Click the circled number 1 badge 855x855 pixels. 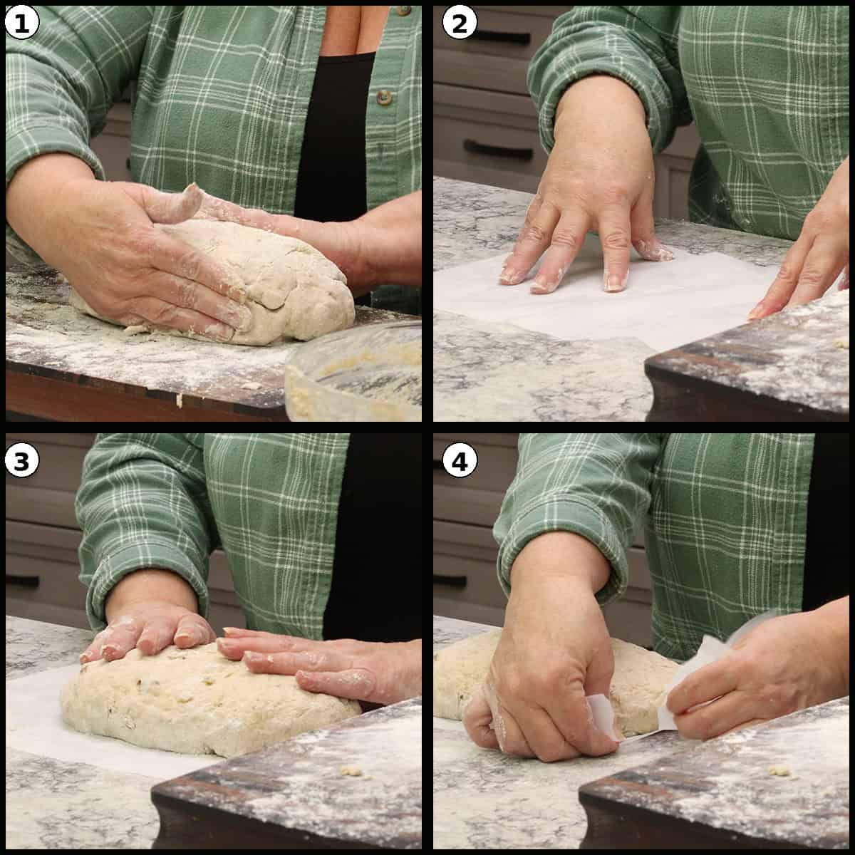pyautogui.click(x=21, y=23)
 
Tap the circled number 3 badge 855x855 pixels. pyautogui.click(x=21, y=462)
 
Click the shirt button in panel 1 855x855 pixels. pyautogui.click(x=384, y=95)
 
